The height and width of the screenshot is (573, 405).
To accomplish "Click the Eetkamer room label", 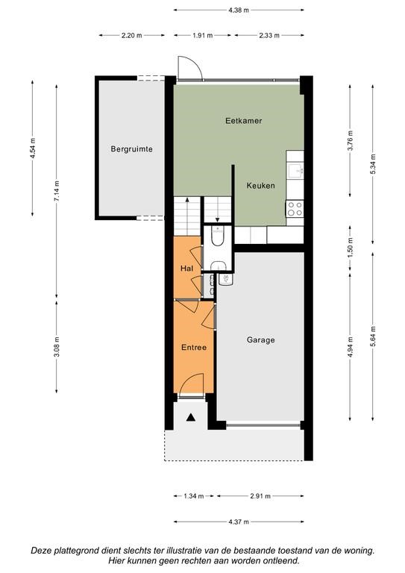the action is [x=244, y=121].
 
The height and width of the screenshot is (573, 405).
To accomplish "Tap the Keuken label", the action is [x=260, y=186].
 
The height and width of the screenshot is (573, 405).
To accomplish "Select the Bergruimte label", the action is [x=131, y=149].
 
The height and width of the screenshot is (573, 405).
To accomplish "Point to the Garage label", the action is [x=261, y=340].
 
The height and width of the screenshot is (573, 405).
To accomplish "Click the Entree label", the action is [x=194, y=348].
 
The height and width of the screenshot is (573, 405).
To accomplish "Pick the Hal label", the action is [x=186, y=269].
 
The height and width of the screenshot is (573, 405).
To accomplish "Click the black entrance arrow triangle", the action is [x=190, y=417].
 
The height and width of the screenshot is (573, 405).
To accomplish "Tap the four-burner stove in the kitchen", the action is [x=295, y=209].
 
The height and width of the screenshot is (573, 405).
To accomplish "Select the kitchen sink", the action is [x=295, y=170].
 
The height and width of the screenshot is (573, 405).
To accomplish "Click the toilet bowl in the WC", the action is [x=218, y=237].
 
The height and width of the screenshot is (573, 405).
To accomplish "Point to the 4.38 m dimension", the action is [x=239, y=10].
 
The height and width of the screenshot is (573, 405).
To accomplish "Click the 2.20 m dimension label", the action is [x=132, y=36].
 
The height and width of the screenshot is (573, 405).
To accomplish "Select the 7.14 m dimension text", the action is [x=56, y=191].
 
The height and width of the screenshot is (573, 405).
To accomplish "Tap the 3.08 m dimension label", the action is [x=56, y=347].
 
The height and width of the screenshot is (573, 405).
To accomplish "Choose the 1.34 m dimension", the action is [x=194, y=496].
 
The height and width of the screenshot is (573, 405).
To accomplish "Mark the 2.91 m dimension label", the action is [x=260, y=496].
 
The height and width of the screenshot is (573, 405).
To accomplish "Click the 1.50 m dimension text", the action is [x=351, y=248].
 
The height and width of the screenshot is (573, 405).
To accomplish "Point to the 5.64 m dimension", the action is [x=373, y=336].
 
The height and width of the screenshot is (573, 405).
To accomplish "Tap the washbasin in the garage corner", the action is [x=225, y=280].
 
